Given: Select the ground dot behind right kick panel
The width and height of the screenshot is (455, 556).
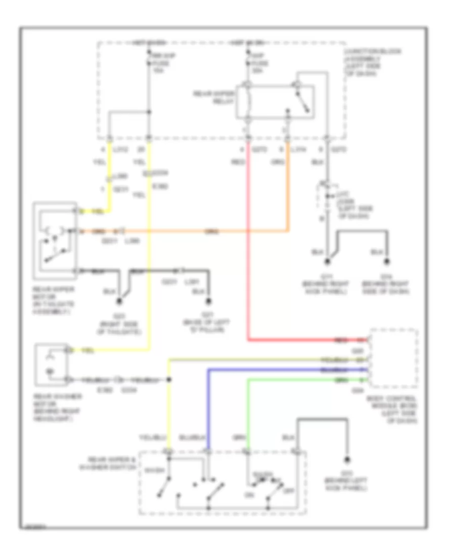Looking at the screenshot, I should click(x=327, y=262).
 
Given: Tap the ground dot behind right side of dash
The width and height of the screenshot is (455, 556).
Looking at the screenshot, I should click(x=388, y=262).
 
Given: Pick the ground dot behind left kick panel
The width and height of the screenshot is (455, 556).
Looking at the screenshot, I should click(x=347, y=459).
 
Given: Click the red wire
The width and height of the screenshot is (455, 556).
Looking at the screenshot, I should click(x=248, y=253).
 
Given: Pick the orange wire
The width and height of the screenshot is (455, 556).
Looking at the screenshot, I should click(x=202, y=231).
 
